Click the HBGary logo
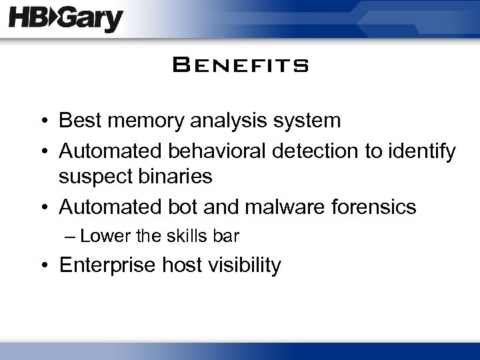pos(66,19)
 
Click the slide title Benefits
pos(239,66)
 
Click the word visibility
pos(243,266)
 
